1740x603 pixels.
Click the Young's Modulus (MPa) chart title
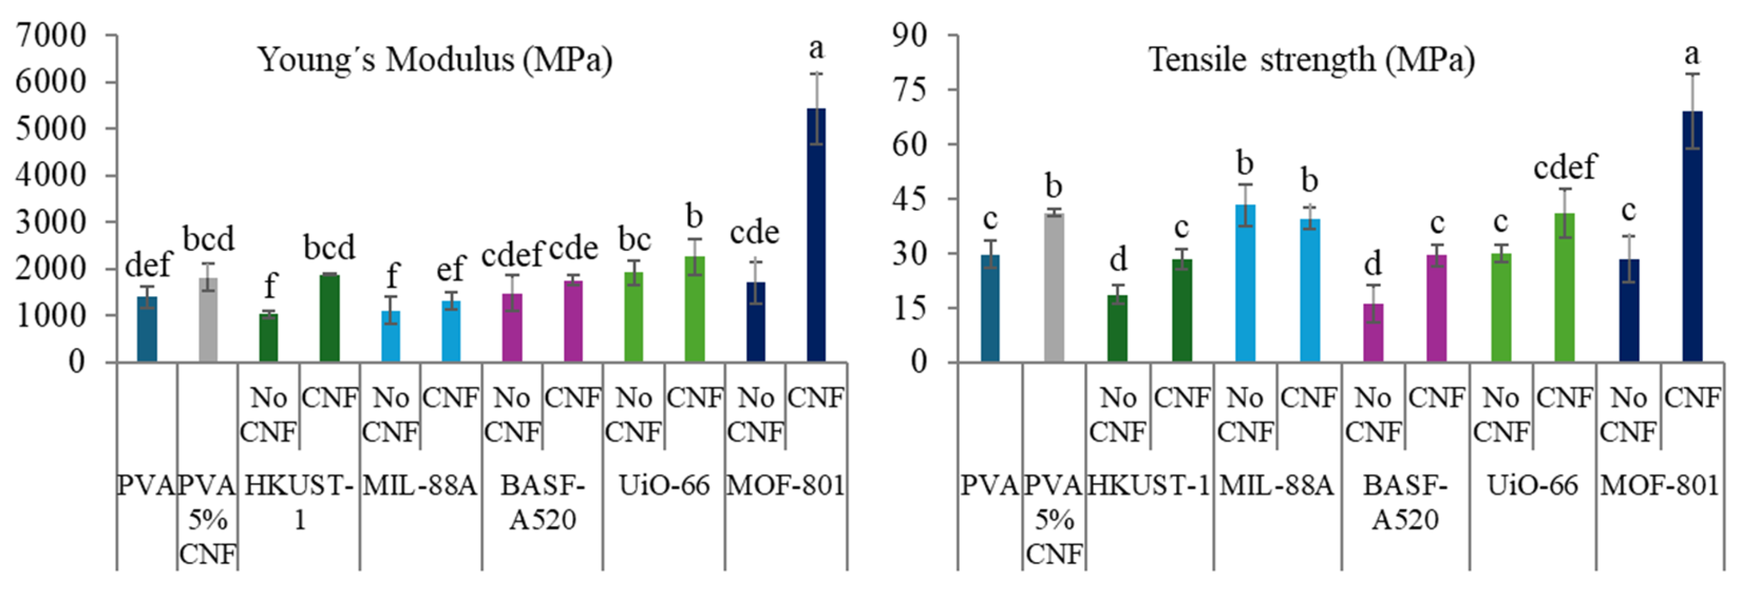435,60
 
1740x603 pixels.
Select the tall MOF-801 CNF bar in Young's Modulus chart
817,236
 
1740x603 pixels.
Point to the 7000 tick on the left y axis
52,35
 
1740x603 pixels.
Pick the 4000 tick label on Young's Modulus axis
52,176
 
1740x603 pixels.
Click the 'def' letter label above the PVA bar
148,265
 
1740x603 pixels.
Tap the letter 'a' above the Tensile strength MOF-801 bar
1692,53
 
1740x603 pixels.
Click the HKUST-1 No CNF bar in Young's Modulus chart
269,338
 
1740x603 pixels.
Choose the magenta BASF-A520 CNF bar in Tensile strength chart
1437,309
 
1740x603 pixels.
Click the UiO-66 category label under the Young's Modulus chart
664,486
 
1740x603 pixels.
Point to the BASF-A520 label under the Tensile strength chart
1405,503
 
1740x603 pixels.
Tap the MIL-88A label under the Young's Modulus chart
420,486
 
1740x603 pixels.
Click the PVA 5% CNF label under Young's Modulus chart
208,520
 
